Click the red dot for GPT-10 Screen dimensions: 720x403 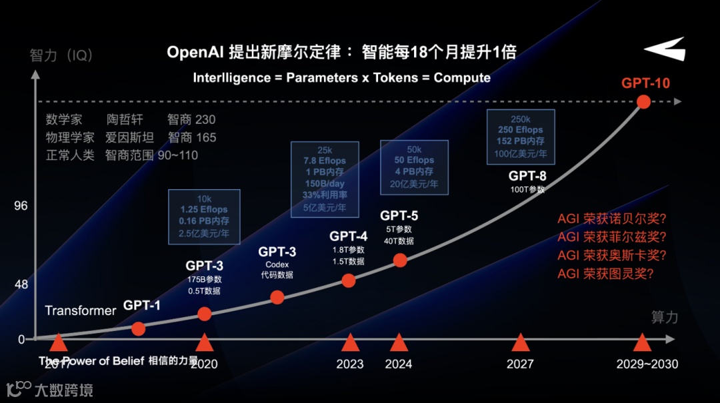tap(643, 102)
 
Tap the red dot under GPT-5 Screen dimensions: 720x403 tap(400, 260)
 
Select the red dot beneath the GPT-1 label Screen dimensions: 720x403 tap(138, 328)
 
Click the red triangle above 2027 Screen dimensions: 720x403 tap(520, 342)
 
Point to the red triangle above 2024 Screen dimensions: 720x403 tap(399, 342)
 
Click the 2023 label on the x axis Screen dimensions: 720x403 tap(350, 364)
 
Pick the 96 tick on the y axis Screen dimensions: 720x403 tap(21, 206)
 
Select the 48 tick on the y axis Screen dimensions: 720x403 tap(21, 285)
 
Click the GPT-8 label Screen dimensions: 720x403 tap(527, 177)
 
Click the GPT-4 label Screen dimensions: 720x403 tap(348, 236)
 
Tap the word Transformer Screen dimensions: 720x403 tap(81, 310)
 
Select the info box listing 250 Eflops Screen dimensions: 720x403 tap(520, 136)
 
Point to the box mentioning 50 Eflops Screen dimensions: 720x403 tap(414, 167)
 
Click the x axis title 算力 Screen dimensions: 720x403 tap(665, 317)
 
